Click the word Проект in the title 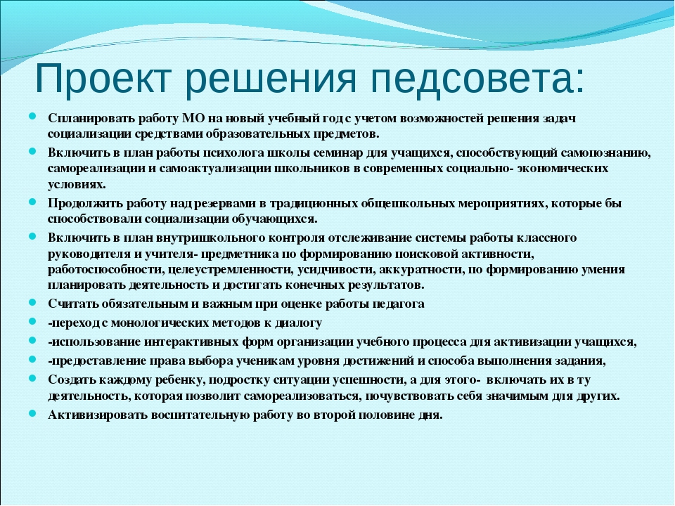(x=103, y=78)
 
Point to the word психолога (x=233, y=153)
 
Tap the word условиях (x=76, y=184)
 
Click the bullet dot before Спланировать (x=33, y=116)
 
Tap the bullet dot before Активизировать (x=33, y=413)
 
